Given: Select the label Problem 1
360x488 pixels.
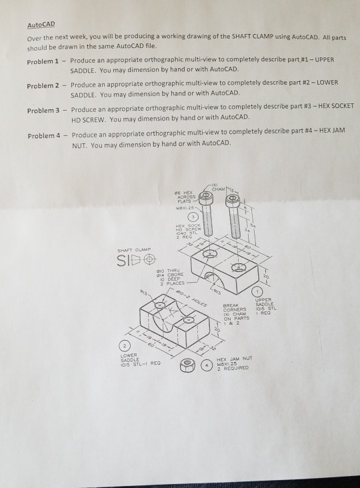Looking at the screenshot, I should tap(45, 61).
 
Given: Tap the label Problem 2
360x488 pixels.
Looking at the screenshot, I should tap(45, 86).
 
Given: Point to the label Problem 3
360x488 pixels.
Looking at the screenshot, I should tap(45, 109).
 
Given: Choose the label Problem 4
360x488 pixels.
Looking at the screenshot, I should tap(45, 135).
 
